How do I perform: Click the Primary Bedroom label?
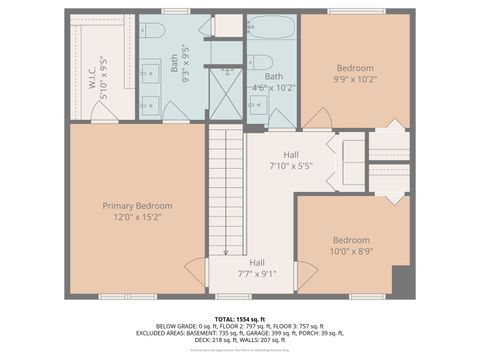coord(138,205)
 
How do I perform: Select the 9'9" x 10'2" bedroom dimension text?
coord(354,79)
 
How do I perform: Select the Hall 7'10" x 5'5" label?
coord(291,160)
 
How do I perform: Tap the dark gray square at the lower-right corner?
coord(401,281)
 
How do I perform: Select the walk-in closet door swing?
coord(104,115)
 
